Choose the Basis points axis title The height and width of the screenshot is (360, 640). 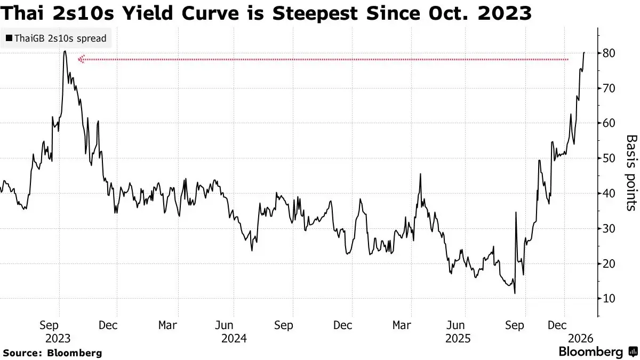(630, 172)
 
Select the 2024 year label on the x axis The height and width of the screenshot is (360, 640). (233, 338)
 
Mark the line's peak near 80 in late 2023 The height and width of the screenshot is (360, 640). (65, 51)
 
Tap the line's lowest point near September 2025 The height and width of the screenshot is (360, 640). (515, 293)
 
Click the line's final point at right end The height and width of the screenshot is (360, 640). (585, 52)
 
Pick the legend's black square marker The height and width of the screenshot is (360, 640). (9, 38)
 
